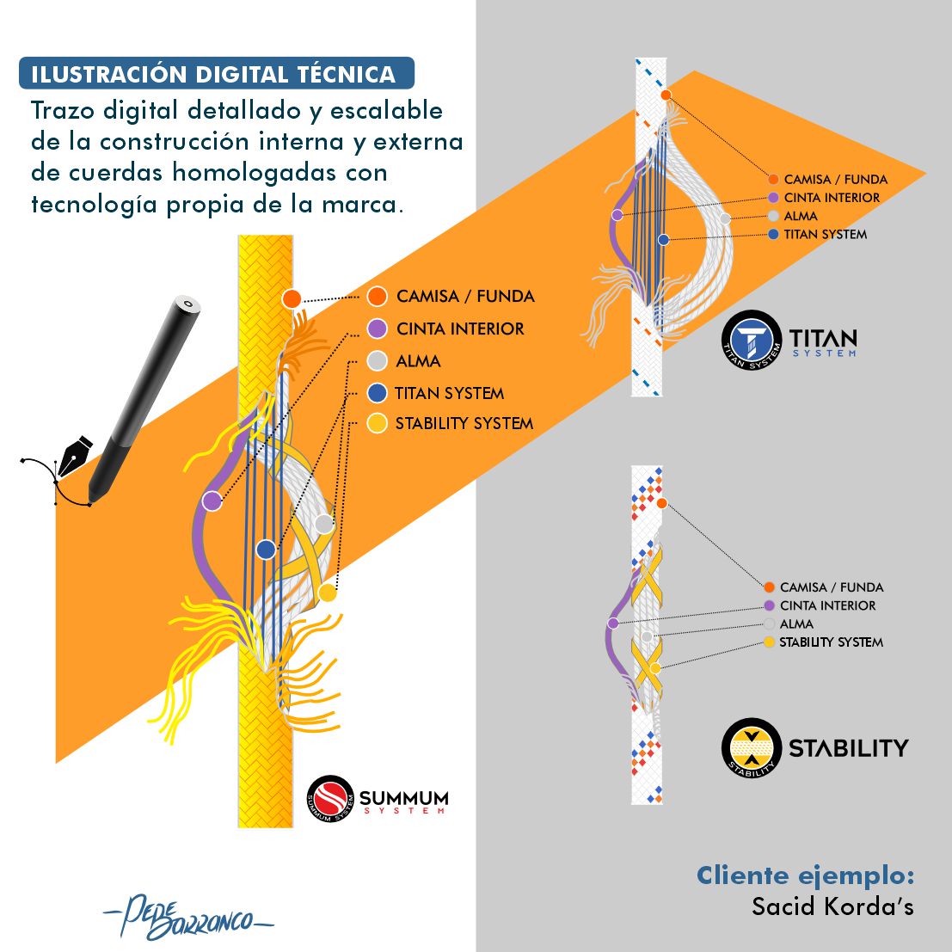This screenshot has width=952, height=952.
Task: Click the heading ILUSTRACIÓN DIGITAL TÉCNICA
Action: pyautogui.click(x=214, y=74)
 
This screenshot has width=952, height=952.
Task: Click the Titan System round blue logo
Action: pyautogui.click(x=751, y=341)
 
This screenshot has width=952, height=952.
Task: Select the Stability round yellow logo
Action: pyautogui.click(x=751, y=747)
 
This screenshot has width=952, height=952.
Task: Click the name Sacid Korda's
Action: pyautogui.click(x=832, y=906)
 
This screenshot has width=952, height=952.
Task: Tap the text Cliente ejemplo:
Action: pyautogui.click(x=805, y=875)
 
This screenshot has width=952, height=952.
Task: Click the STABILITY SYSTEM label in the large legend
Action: pyautogui.click(x=464, y=423)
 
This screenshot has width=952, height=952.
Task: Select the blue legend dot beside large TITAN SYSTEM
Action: pyautogui.click(x=377, y=393)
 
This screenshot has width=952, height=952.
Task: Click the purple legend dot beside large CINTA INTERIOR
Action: pyautogui.click(x=377, y=329)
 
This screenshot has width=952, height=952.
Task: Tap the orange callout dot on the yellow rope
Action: pyautogui.click(x=292, y=299)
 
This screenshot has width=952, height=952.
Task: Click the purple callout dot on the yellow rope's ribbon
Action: pyautogui.click(x=212, y=501)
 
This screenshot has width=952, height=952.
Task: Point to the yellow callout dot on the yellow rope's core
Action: pyautogui.click(x=327, y=592)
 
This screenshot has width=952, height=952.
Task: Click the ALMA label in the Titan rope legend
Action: pyautogui.click(x=801, y=216)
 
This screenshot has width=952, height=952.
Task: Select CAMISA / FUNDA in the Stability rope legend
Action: pyautogui.click(x=832, y=587)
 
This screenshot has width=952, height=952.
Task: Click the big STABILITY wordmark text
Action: pyautogui.click(x=848, y=747)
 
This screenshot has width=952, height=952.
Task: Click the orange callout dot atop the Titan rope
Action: pyautogui.click(x=666, y=95)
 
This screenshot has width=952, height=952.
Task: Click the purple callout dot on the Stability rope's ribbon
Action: pyautogui.click(x=612, y=623)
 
